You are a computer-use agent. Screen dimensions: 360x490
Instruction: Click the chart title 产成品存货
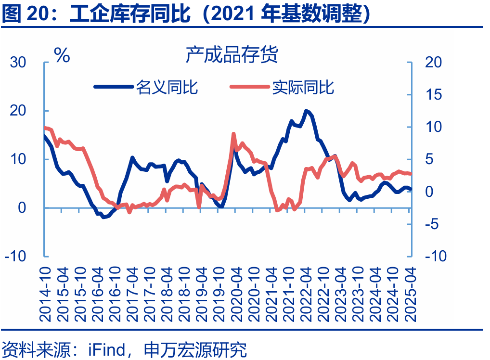pyautogui.click(x=232, y=55)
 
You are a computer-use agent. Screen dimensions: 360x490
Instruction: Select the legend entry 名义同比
pyautogui.click(x=167, y=87)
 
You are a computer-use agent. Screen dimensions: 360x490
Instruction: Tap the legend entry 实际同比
pyautogui.click(x=303, y=87)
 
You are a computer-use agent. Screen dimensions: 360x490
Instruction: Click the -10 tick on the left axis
pyautogui.click(x=16, y=256)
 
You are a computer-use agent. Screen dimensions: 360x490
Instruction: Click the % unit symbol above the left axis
pyautogui.click(x=62, y=56)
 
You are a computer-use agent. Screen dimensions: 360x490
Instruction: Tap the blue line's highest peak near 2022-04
pyautogui.click(x=306, y=111)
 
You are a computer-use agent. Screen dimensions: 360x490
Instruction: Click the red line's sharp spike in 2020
pyautogui.click(x=233, y=134)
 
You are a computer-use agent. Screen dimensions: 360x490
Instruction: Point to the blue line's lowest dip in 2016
pyautogui.click(x=103, y=217)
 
